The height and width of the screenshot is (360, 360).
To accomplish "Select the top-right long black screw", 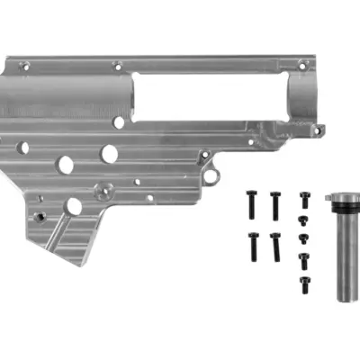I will coord(274,205).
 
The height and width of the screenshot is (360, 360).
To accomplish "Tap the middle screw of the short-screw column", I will coord(303,238).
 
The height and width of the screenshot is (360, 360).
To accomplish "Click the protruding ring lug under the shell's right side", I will coord(211,175).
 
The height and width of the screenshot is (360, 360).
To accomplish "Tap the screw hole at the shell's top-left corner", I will coord(24,66).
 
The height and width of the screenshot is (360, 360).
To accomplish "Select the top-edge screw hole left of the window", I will coord(117,65).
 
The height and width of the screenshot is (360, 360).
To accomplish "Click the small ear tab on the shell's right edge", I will coord(317,130).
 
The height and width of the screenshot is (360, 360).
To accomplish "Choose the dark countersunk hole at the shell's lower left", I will coord(38,216).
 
